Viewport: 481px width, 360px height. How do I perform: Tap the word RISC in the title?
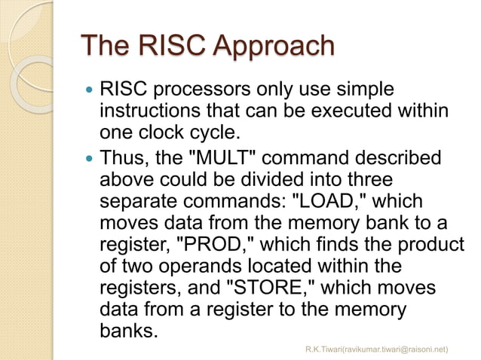161,46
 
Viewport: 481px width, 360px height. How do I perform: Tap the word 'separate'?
135,203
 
